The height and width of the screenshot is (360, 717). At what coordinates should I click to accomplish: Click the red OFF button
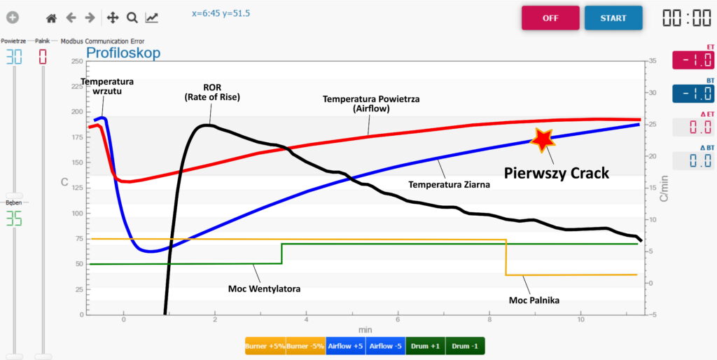coord(550,18)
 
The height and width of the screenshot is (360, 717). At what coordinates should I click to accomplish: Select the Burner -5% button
coord(305,346)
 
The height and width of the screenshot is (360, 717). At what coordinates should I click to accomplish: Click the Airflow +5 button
coord(345,346)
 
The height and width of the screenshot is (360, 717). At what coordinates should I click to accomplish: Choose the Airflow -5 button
coord(386,346)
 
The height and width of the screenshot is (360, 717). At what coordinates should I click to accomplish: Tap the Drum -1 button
coord(465,346)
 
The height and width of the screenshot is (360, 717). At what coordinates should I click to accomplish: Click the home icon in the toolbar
coord(52,18)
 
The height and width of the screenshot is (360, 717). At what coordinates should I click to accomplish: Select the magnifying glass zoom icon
coord(132,18)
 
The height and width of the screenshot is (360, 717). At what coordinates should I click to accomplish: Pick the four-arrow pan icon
coord(113,18)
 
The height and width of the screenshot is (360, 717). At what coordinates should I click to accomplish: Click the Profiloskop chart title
coord(123,53)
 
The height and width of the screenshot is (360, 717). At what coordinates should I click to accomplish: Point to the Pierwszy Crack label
coord(557,173)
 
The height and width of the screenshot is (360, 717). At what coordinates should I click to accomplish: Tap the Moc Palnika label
coord(534,300)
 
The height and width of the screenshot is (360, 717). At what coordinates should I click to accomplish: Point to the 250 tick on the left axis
coord(77,62)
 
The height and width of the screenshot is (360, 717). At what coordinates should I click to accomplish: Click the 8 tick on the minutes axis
coord(489,319)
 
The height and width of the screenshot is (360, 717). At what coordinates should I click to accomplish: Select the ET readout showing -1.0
coord(692,60)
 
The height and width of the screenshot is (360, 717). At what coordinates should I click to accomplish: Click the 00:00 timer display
coord(687,18)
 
